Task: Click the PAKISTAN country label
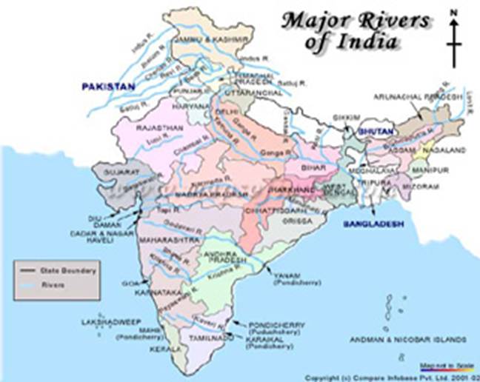108,87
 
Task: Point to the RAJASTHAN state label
157,127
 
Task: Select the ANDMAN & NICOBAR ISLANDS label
409,340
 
